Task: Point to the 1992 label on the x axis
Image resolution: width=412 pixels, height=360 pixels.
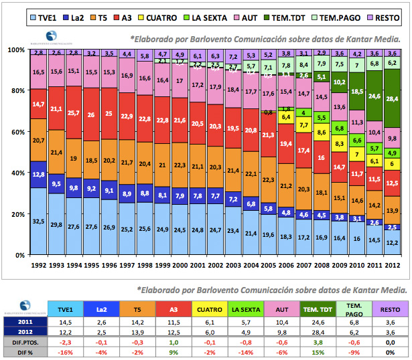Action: click(38, 266)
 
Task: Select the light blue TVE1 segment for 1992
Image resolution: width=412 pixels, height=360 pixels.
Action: click(39, 221)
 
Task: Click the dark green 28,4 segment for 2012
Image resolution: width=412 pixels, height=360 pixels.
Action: click(392, 99)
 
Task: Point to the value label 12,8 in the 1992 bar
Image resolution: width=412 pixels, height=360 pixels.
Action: click(39, 174)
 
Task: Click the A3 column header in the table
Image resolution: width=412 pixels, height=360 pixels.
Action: click(174, 308)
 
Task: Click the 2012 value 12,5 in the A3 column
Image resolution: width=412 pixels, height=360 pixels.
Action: click(174, 331)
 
